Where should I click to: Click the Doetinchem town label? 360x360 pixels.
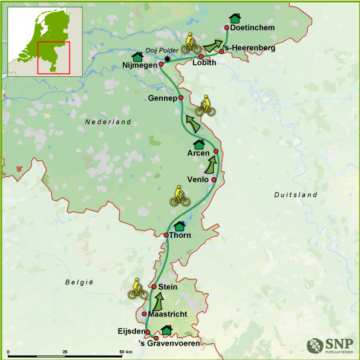tap(254, 28)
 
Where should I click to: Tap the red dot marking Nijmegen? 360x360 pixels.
tap(161, 63)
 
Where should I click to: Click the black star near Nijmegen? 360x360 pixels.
tap(168, 59)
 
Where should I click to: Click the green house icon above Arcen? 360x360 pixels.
tap(198, 144)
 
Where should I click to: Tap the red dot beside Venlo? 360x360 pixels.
tap(214, 180)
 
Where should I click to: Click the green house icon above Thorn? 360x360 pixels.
tap(179, 226)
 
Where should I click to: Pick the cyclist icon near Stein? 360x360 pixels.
tap(138, 289)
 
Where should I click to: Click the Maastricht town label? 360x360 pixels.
tap(166, 314)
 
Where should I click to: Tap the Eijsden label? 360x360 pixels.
tap(130, 332)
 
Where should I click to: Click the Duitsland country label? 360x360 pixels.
tap(295, 195)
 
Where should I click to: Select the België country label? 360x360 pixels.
tap(79, 283)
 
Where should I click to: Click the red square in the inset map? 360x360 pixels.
tap(53, 57)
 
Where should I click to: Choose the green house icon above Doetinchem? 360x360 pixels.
tap(234, 18)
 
